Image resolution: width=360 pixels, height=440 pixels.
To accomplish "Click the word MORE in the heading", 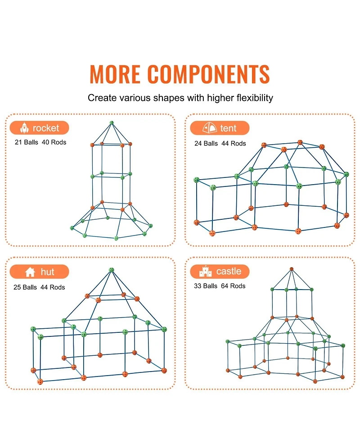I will point(116,74).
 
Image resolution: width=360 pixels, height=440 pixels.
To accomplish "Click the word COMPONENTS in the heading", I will point(208,74).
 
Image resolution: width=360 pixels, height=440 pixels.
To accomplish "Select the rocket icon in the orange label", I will point(24,128).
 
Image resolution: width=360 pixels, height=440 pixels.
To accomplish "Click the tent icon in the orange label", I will point(210,128).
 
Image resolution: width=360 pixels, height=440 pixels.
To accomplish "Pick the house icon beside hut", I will point(30,272).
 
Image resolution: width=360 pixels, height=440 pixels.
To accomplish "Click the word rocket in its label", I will point(46,128).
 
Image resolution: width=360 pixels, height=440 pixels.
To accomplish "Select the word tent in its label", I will point(228,128).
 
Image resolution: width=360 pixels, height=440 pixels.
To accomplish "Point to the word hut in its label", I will point(47,272).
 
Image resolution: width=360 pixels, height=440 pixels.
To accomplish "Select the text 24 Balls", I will point(206,144).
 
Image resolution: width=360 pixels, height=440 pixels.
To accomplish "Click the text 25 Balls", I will point(26,287).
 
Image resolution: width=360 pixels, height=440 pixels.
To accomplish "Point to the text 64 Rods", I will point(233,286).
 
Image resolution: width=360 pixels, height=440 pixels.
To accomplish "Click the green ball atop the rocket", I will point(112,122).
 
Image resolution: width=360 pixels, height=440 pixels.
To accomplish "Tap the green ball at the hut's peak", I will point(111,270).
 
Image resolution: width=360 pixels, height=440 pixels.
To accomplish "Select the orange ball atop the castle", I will point(291,269).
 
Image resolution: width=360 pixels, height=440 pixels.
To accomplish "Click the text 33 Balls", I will point(206,286).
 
